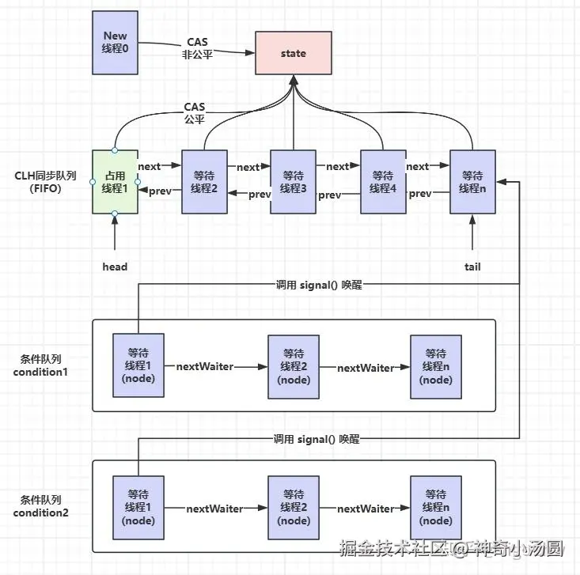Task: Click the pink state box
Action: coord(294,53)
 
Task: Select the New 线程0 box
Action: coord(115,43)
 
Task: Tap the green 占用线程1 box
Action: coord(115,182)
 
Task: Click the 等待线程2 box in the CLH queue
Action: coord(204,182)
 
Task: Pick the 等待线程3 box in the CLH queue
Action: coord(294,182)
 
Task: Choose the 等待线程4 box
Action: coord(383,182)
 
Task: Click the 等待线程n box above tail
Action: coord(472,182)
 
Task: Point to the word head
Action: coord(115,267)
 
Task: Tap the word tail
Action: coord(472,267)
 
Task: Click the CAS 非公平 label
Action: coord(197,48)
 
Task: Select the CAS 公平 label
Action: coord(195,113)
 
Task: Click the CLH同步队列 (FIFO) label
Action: coord(45,182)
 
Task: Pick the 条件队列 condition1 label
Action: coord(40,365)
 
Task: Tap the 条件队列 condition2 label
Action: coord(40,506)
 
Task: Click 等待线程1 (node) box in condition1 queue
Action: coord(138,365)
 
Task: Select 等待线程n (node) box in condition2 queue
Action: coord(436,507)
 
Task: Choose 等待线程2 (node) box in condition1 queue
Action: coord(294,367)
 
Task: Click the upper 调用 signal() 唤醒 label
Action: coord(319,285)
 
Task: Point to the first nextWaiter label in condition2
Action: coord(214,509)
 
